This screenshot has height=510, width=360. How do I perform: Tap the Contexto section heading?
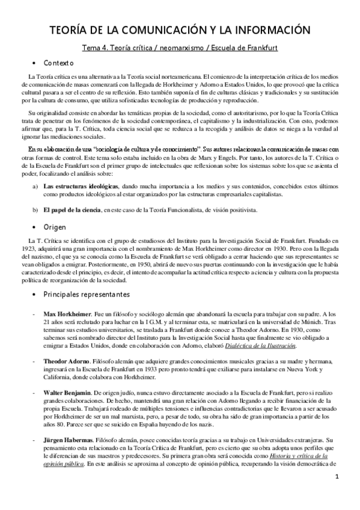pyautogui.click(x=58, y=63)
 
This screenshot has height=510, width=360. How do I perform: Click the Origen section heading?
pyautogui.click(x=55, y=227)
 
